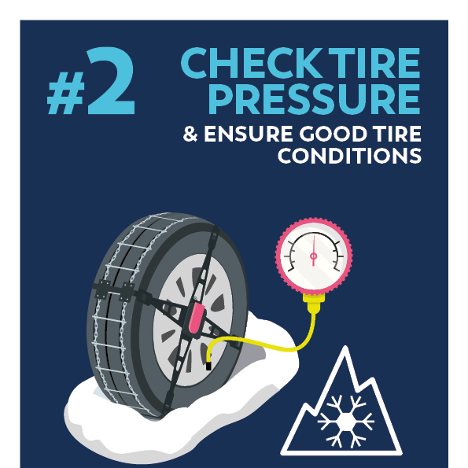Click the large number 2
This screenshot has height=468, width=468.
(111, 80)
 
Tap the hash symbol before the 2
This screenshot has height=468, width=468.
(65, 93)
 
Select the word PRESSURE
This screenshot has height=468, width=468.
(315, 99)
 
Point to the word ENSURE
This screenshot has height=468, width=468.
(249, 134)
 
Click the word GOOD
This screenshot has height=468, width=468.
(333, 134)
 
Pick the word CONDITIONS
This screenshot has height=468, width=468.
(349, 155)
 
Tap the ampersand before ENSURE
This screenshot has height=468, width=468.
(190, 134)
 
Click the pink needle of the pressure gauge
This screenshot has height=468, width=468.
(313, 251)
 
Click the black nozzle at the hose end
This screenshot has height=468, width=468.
(208, 366)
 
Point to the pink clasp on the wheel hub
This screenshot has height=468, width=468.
(196, 319)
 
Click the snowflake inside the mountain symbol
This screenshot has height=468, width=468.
(345, 421)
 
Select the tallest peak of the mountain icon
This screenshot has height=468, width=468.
(345, 348)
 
